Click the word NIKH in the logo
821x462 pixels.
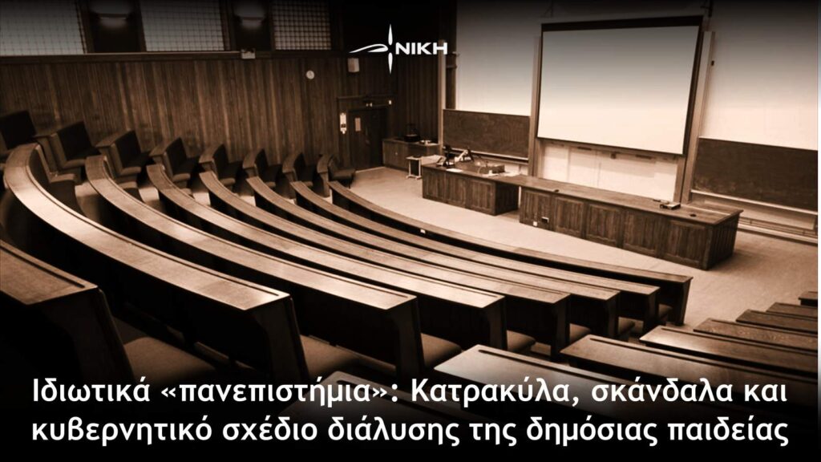pyautogui.click(x=421, y=49)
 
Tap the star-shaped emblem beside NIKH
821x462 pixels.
pyautogui.click(x=389, y=49)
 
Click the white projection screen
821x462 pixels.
pyautogui.click(x=618, y=87)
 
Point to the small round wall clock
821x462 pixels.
pyautogui.click(x=310, y=75)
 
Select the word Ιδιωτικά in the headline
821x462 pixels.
pyautogui.click(x=90, y=392)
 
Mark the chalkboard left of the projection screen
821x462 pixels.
pyautogui.click(x=486, y=133)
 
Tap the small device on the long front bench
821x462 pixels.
pyautogui.click(x=669, y=205)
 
